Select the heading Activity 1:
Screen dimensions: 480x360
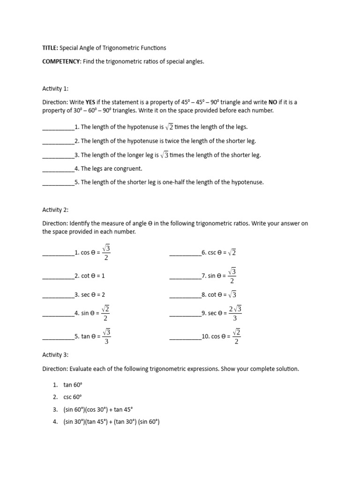[55, 88]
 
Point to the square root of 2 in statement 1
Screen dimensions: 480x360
[169, 127]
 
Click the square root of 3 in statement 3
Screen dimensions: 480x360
[164, 155]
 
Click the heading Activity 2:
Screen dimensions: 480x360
[55, 210]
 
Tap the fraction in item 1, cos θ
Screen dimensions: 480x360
[106, 252]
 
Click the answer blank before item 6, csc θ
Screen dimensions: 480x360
[185, 253]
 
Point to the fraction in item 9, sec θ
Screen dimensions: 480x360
[235, 313]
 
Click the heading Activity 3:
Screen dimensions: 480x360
[55, 355]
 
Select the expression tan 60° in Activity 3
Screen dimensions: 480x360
[73, 385]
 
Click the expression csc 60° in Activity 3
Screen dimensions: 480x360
[73, 397]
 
